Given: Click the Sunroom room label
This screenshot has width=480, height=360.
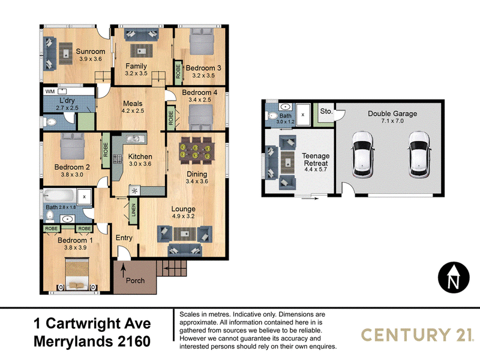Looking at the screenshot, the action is coord(91,52).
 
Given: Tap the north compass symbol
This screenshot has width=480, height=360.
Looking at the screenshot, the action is coord(454,277).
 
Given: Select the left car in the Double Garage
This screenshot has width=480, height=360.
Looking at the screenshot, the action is coord(363,155).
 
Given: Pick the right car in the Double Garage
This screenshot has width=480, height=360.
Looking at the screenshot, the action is coord(419,155).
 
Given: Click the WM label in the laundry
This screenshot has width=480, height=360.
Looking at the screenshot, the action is coord(50,92).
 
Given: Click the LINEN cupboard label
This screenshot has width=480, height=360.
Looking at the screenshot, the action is coord(133,210).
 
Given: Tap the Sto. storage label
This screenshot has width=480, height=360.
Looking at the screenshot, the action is coord(326,111).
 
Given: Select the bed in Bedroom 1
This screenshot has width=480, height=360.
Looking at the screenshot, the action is coord(77,275).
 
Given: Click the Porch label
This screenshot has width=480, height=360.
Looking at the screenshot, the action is coord(136,280).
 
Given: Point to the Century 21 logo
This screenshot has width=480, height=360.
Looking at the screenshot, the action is coord(416,334).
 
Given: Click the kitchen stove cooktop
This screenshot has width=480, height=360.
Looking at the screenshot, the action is coord(118,158).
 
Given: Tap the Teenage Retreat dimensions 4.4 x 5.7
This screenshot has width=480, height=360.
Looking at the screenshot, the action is coord(316,169).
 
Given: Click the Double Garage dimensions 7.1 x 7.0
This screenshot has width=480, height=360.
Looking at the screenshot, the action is coord(392,121).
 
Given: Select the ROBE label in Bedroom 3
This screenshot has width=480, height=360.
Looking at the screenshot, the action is coord(178,71).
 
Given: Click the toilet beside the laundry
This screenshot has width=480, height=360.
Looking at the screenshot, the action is coord(50,122).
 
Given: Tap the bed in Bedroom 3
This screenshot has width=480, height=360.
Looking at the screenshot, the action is coord(201,41).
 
